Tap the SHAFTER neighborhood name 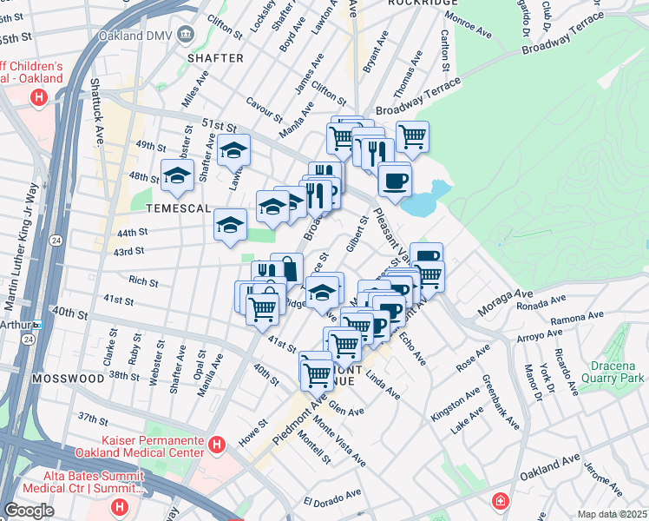pyautogui.click(x=215, y=58)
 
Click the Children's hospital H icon pyautogui.click(x=38, y=97)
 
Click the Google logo pyautogui.click(x=29, y=511)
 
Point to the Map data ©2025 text pyautogui.click(x=612, y=514)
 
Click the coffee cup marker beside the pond pyautogui.click(x=395, y=180)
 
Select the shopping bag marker pyautogui.click(x=287, y=267)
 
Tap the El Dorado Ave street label pyautogui.click(x=332, y=498)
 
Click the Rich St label pyautogui.click(x=143, y=281)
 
